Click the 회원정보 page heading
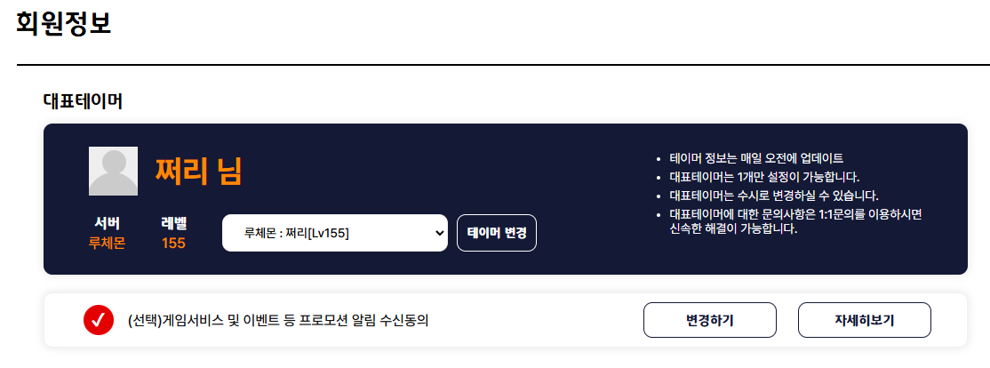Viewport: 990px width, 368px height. (64, 24)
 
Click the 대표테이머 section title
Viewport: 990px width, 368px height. (83, 101)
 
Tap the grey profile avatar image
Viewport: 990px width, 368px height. (113, 171)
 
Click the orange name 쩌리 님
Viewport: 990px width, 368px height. (198, 171)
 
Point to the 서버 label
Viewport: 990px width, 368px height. (107, 223)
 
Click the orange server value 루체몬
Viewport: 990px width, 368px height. (107, 243)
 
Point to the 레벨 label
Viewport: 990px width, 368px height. (173, 223)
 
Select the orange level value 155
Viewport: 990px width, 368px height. (173, 243)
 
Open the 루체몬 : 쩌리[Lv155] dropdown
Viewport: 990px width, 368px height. (335, 233)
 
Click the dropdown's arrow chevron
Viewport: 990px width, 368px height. (440, 233)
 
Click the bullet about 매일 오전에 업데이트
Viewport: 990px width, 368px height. (756, 158)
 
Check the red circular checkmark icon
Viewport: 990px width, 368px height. (99, 320)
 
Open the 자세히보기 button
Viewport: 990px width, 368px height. (865, 320)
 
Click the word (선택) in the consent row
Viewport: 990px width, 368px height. (145, 321)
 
